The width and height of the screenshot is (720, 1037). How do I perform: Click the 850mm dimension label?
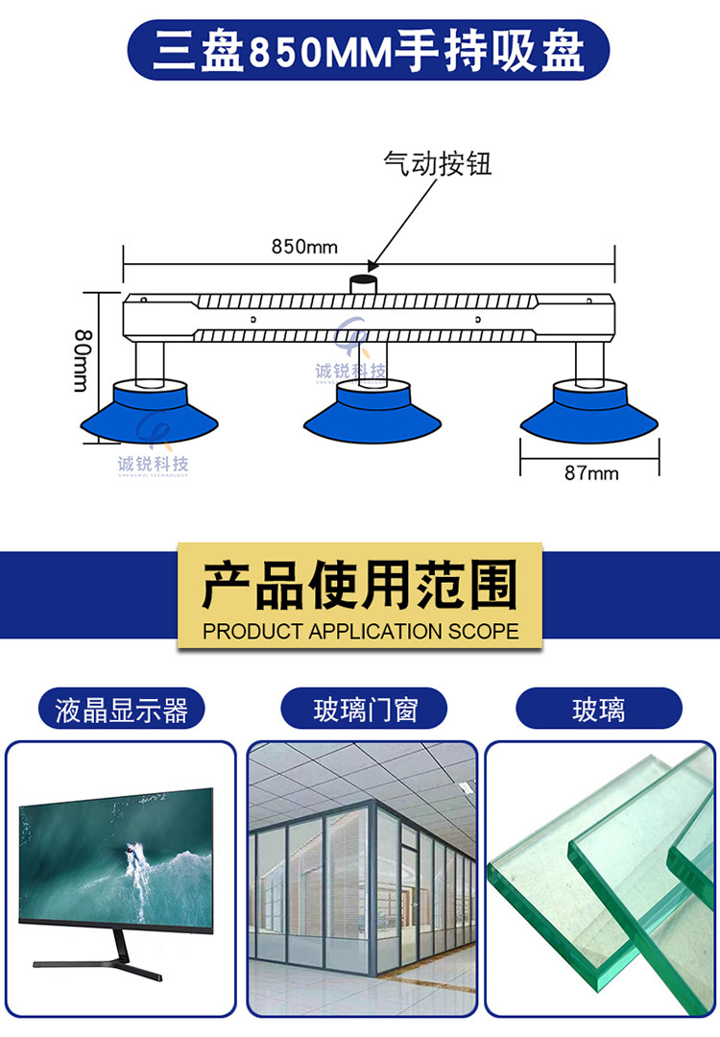(304, 247)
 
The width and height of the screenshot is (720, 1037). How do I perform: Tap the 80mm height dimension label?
(82, 360)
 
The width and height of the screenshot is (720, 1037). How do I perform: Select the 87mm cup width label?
(591, 472)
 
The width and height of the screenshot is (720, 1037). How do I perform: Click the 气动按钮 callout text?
(437, 163)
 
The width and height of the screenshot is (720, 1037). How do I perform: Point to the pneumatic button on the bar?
(363, 283)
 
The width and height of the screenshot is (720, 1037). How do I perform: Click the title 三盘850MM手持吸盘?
(369, 51)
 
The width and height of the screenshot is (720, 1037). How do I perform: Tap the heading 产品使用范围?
(360, 586)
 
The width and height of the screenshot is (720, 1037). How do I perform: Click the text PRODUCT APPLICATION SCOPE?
(360, 631)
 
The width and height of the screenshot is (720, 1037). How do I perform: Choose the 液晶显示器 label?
(121, 709)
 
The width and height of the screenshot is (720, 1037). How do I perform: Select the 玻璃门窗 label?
(364, 709)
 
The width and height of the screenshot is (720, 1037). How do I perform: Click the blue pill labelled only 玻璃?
(598, 709)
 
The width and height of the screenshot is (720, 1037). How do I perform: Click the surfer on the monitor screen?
(132, 853)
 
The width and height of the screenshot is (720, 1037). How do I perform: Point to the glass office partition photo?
(362, 879)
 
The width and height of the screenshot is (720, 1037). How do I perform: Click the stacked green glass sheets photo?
(600, 879)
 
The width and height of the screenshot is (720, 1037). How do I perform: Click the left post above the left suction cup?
(150, 361)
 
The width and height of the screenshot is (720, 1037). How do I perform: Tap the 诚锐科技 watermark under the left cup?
(153, 465)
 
